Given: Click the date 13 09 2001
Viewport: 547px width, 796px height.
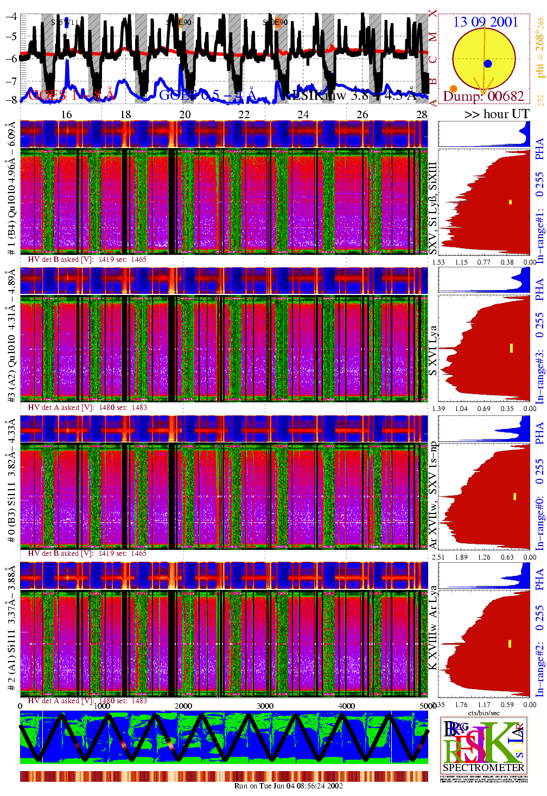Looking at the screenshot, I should (486, 22).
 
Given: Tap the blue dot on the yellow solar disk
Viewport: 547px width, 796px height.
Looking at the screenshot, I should (487, 63).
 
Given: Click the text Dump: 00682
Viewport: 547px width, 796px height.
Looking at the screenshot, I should (484, 97).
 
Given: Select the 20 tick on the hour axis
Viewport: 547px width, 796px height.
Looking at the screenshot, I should (185, 114).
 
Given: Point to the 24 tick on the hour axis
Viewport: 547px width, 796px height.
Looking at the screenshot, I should (303, 114).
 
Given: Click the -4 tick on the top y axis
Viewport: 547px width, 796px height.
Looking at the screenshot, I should (11, 16).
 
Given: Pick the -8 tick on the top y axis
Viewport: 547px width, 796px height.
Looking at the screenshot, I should (11, 100).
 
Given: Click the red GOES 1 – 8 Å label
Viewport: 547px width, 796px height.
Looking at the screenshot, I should (71, 95).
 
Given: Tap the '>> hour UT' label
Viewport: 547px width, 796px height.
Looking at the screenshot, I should (497, 114).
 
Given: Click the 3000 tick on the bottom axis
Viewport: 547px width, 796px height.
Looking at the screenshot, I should (265, 705).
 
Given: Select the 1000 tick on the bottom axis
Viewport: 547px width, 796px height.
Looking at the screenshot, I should (102, 705).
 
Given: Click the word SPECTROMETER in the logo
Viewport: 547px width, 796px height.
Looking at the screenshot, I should (484, 768).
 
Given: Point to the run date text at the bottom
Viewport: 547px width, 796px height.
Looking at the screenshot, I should (288, 786).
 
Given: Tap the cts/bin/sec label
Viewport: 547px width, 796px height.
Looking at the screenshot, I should (484, 712).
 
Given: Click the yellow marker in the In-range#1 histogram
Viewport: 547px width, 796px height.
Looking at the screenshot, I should (510, 202).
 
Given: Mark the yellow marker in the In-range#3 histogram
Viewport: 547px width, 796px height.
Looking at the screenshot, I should (511, 348).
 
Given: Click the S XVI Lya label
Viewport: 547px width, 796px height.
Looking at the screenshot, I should (432, 350).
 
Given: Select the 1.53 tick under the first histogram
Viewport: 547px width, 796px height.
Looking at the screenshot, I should (438, 262).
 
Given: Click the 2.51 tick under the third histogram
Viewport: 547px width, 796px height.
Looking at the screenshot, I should (438, 557).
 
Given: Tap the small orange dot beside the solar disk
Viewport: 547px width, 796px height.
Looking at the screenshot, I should (454, 88).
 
